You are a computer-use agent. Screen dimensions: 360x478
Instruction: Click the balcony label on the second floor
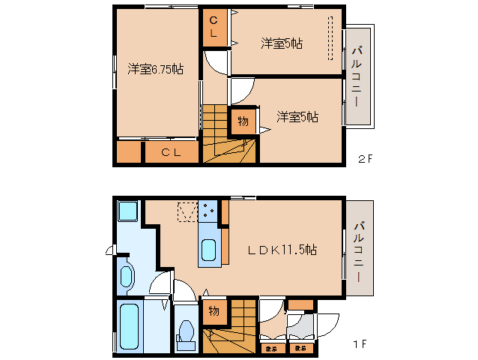click(357, 76)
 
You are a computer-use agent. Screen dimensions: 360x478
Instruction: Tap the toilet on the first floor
click(185, 333)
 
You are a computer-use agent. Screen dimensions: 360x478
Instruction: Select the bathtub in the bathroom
click(131, 325)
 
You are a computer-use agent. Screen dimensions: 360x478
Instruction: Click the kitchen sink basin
click(208, 249)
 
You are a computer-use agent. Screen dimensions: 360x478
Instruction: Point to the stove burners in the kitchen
click(208, 211)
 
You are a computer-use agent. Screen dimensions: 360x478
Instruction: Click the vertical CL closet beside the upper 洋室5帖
click(214, 28)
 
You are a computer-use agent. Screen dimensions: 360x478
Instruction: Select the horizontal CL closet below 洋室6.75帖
click(171, 153)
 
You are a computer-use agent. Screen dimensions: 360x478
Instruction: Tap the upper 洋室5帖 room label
click(282, 43)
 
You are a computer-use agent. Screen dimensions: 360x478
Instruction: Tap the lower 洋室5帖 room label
click(297, 117)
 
